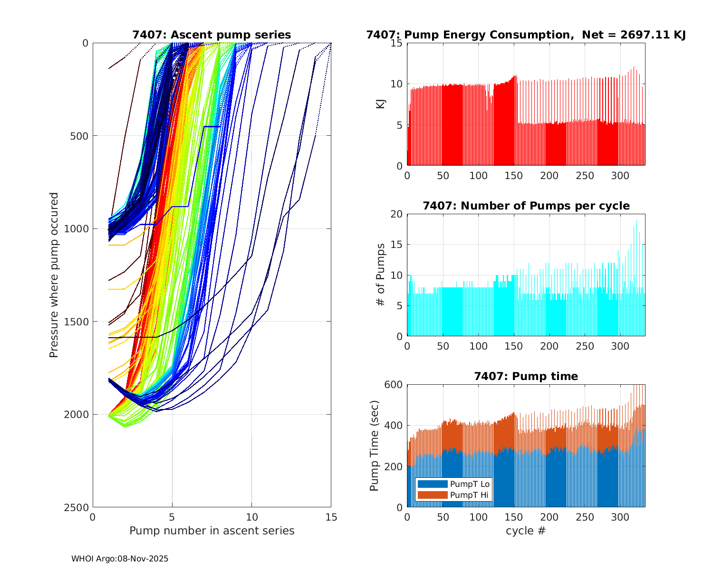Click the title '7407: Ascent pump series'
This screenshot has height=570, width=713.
point(212,35)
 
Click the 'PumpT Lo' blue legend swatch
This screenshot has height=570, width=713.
point(432,484)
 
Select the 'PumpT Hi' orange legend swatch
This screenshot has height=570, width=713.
point(432,495)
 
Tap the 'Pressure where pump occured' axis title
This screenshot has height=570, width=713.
point(54,275)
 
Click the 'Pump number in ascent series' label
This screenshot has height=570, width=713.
point(212,531)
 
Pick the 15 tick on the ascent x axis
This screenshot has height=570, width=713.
point(331,517)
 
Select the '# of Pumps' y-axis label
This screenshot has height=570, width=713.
point(381,275)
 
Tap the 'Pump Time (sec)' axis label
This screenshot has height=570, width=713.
point(374,446)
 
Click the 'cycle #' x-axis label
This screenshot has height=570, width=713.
point(526,531)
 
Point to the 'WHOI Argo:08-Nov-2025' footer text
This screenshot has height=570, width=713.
point(120,559)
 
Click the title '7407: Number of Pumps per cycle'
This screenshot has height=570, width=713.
point(526,206)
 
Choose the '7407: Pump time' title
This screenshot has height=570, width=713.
point(526,377)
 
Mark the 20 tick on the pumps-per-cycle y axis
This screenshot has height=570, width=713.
point(396,214)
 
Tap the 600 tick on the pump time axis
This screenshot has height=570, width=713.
point(393,385)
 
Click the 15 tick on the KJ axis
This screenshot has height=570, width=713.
point(396,43)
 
